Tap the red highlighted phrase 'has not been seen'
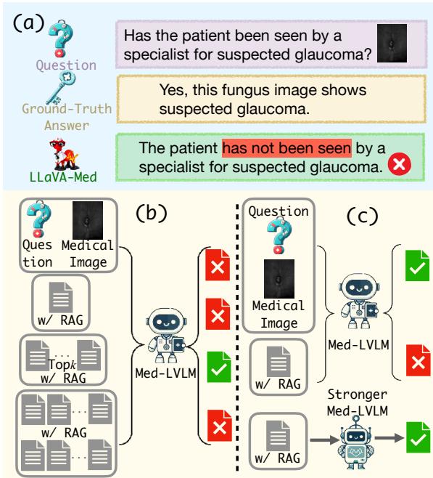click(x=286, y=150)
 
